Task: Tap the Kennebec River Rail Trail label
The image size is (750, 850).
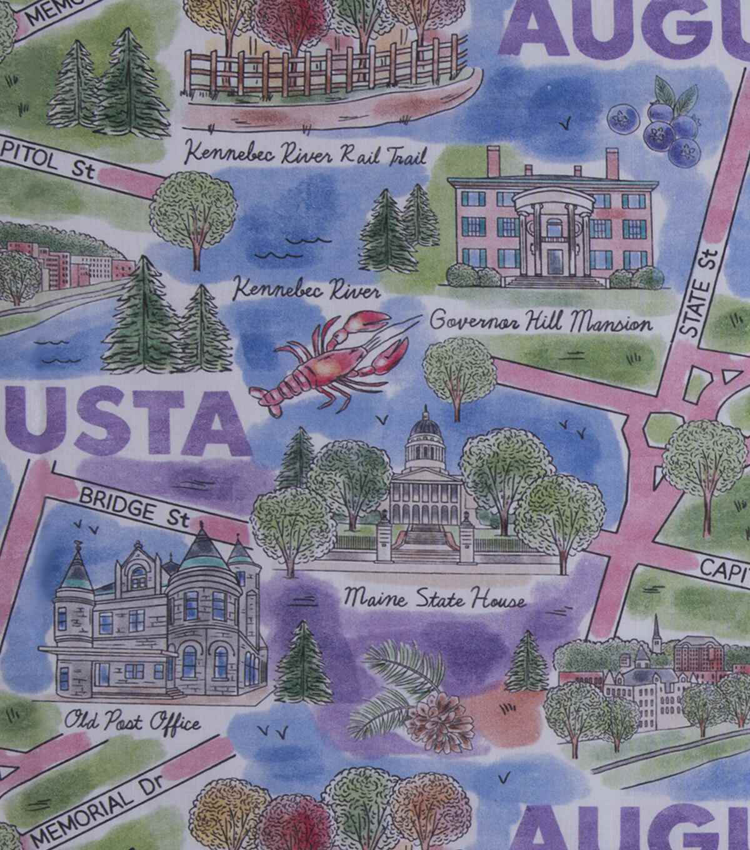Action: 306,153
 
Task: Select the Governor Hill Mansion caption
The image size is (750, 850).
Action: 541,322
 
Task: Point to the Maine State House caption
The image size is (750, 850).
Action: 434,601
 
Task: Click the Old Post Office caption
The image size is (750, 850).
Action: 132,722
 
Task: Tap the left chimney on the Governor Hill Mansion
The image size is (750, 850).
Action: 494,162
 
